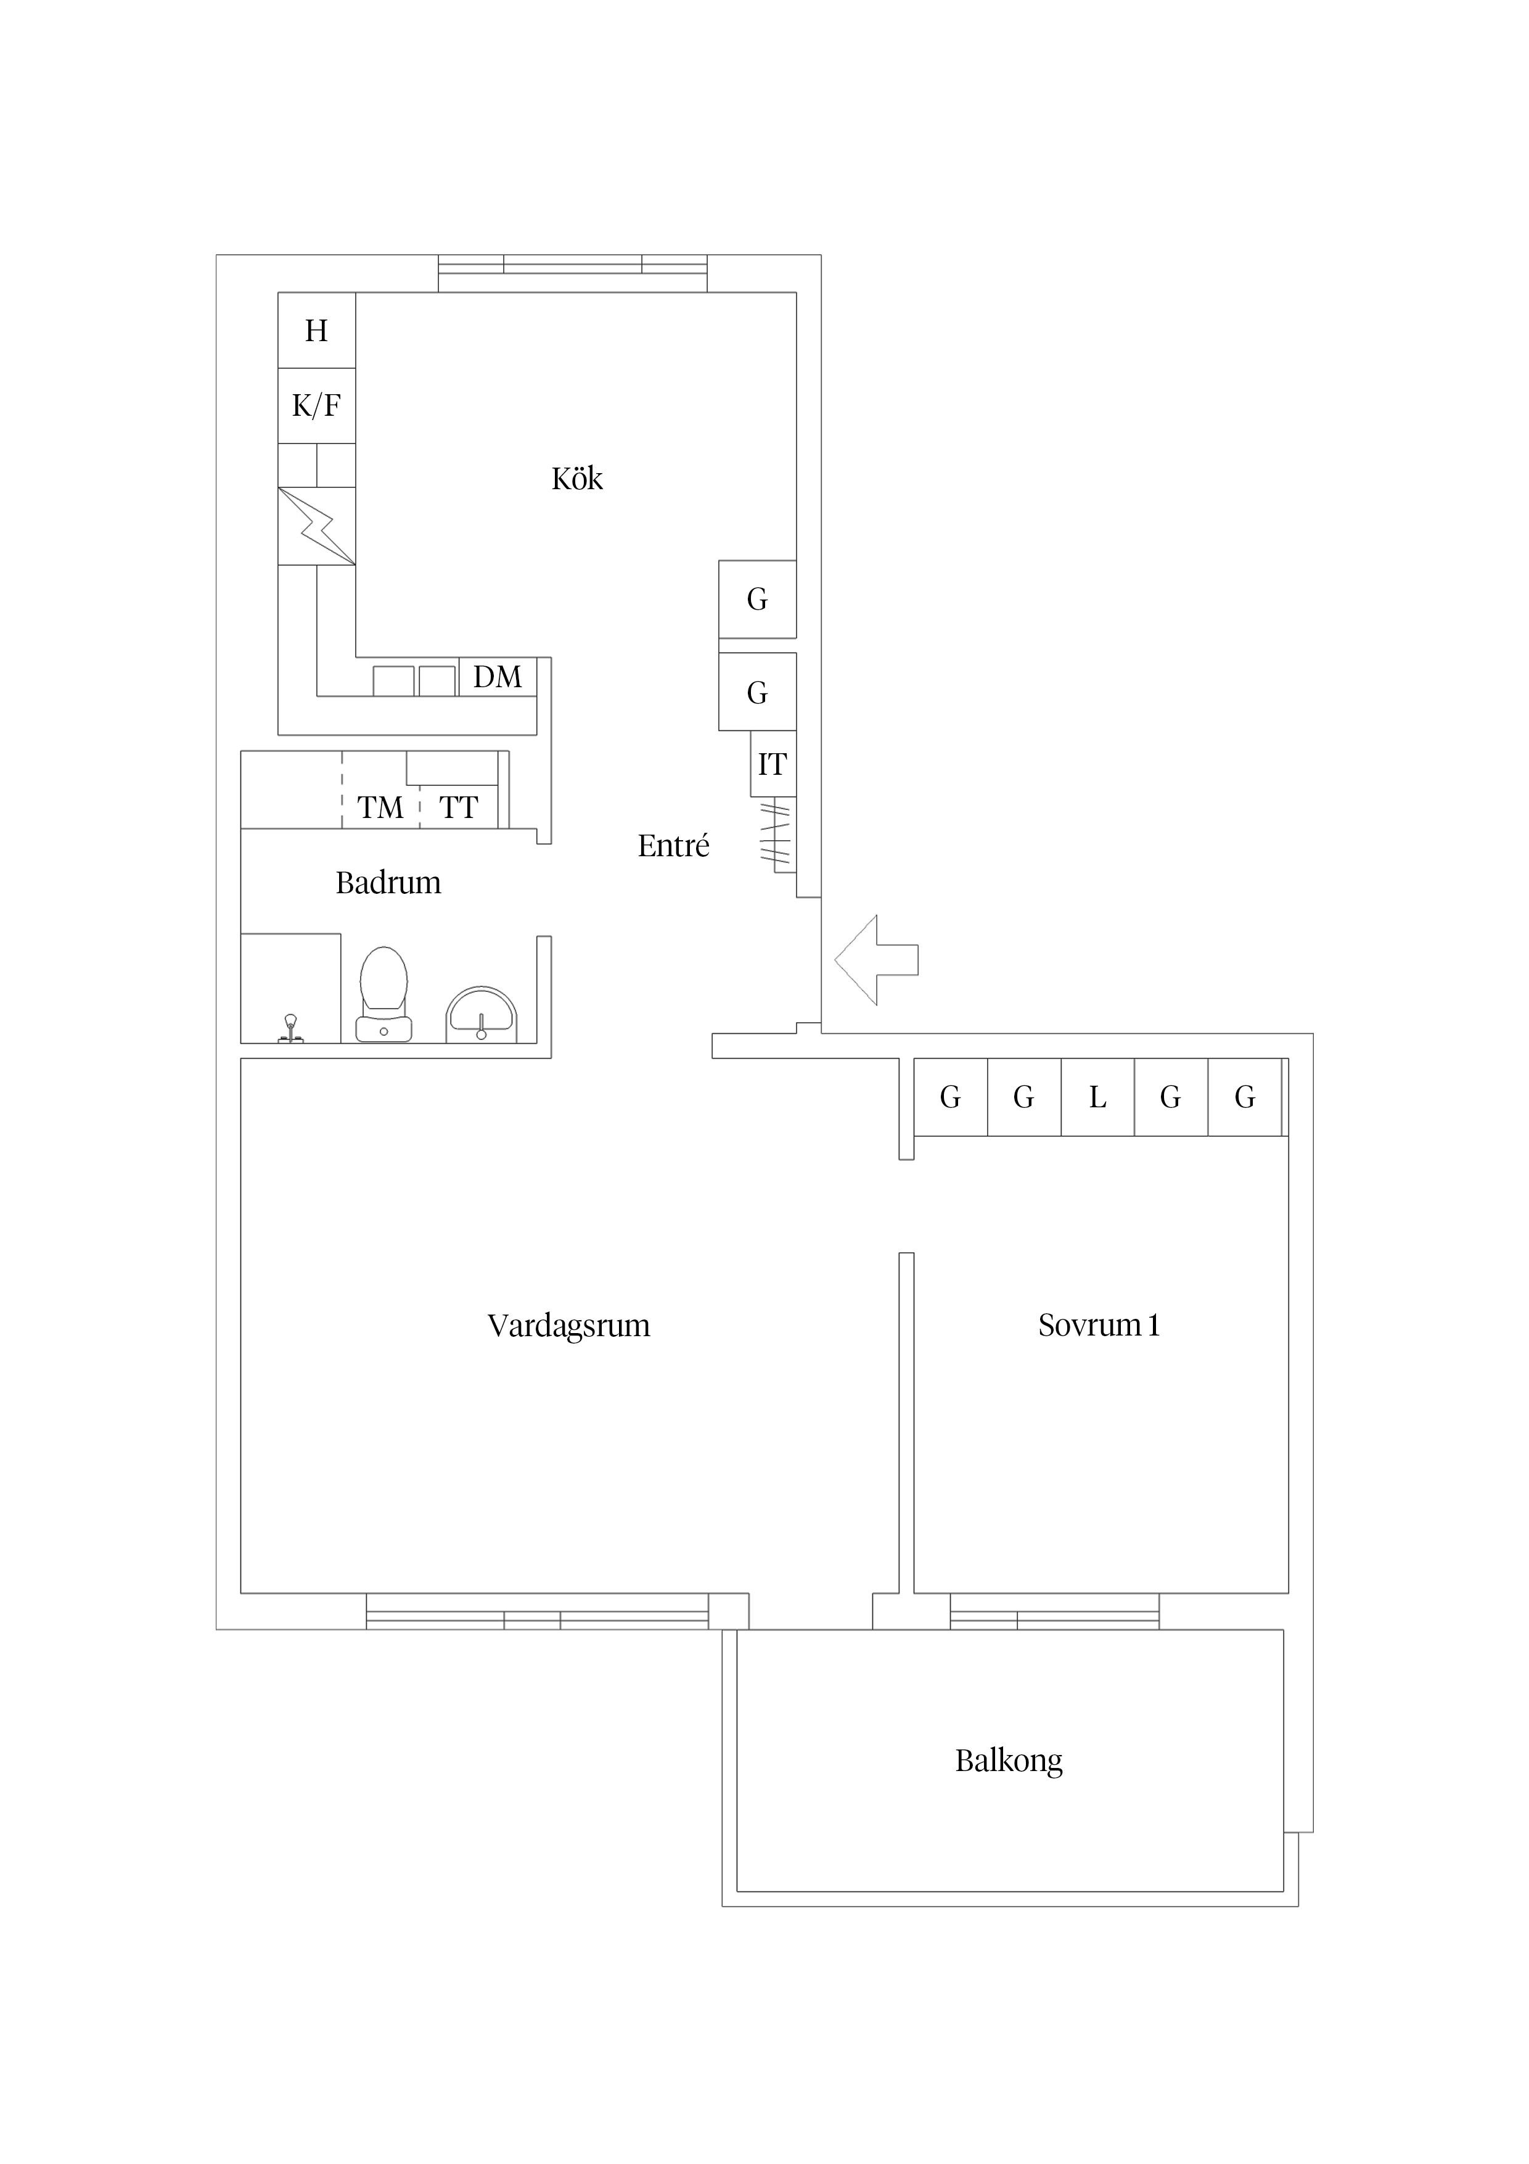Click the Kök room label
pos(576,479)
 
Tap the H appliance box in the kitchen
pos(316,331)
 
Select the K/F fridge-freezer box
pos(316,407)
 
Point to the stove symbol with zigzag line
pos(316,526)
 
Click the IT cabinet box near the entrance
pos(773,764)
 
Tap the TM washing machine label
pos(380,807)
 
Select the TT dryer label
pos(459,807)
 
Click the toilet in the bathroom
pos(383,994)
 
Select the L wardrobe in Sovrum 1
pos(1097,1097)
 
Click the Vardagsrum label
pos(568,1326)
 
